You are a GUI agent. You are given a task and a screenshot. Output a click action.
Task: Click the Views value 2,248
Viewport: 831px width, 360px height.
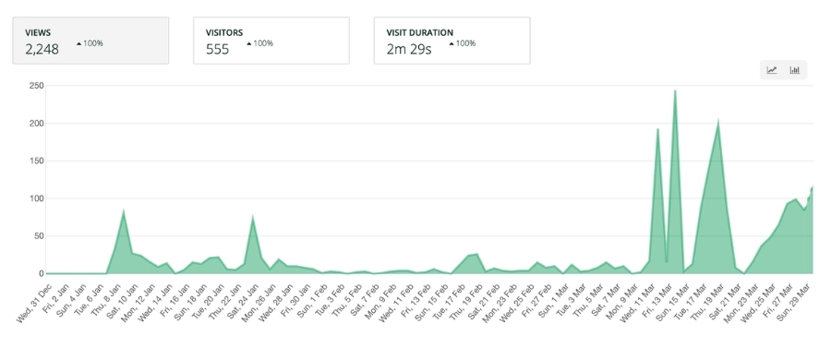pos(42,50)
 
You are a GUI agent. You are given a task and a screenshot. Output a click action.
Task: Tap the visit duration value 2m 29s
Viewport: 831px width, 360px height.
pos(409,50)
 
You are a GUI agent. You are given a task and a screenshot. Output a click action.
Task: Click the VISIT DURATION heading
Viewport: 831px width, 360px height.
pos(420,32)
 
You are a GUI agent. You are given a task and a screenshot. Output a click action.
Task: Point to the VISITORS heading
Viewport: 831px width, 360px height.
pos(225,32)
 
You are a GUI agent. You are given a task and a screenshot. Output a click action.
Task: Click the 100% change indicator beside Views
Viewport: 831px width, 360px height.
pos(90,43)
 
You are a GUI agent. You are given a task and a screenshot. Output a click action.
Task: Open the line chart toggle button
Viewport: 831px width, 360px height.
pos(772,70)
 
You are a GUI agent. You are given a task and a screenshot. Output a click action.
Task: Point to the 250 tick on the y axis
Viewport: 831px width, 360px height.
pos(37,85)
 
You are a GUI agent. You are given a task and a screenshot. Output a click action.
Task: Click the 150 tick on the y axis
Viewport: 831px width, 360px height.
pos(37,161)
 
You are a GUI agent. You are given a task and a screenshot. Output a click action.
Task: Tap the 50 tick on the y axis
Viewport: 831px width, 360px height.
pos(40,236)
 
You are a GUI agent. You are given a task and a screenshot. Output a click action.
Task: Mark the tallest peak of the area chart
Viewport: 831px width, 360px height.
pos(675,91)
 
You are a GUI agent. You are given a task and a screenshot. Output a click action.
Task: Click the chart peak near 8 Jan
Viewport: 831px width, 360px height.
pos(124,211)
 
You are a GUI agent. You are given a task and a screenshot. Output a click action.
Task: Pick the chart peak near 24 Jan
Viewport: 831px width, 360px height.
pos(253,217)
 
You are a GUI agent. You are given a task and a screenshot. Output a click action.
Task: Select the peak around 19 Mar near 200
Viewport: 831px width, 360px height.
pos(717,120)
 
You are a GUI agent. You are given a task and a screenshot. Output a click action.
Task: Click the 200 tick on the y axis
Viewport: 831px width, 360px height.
pos(37,123)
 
